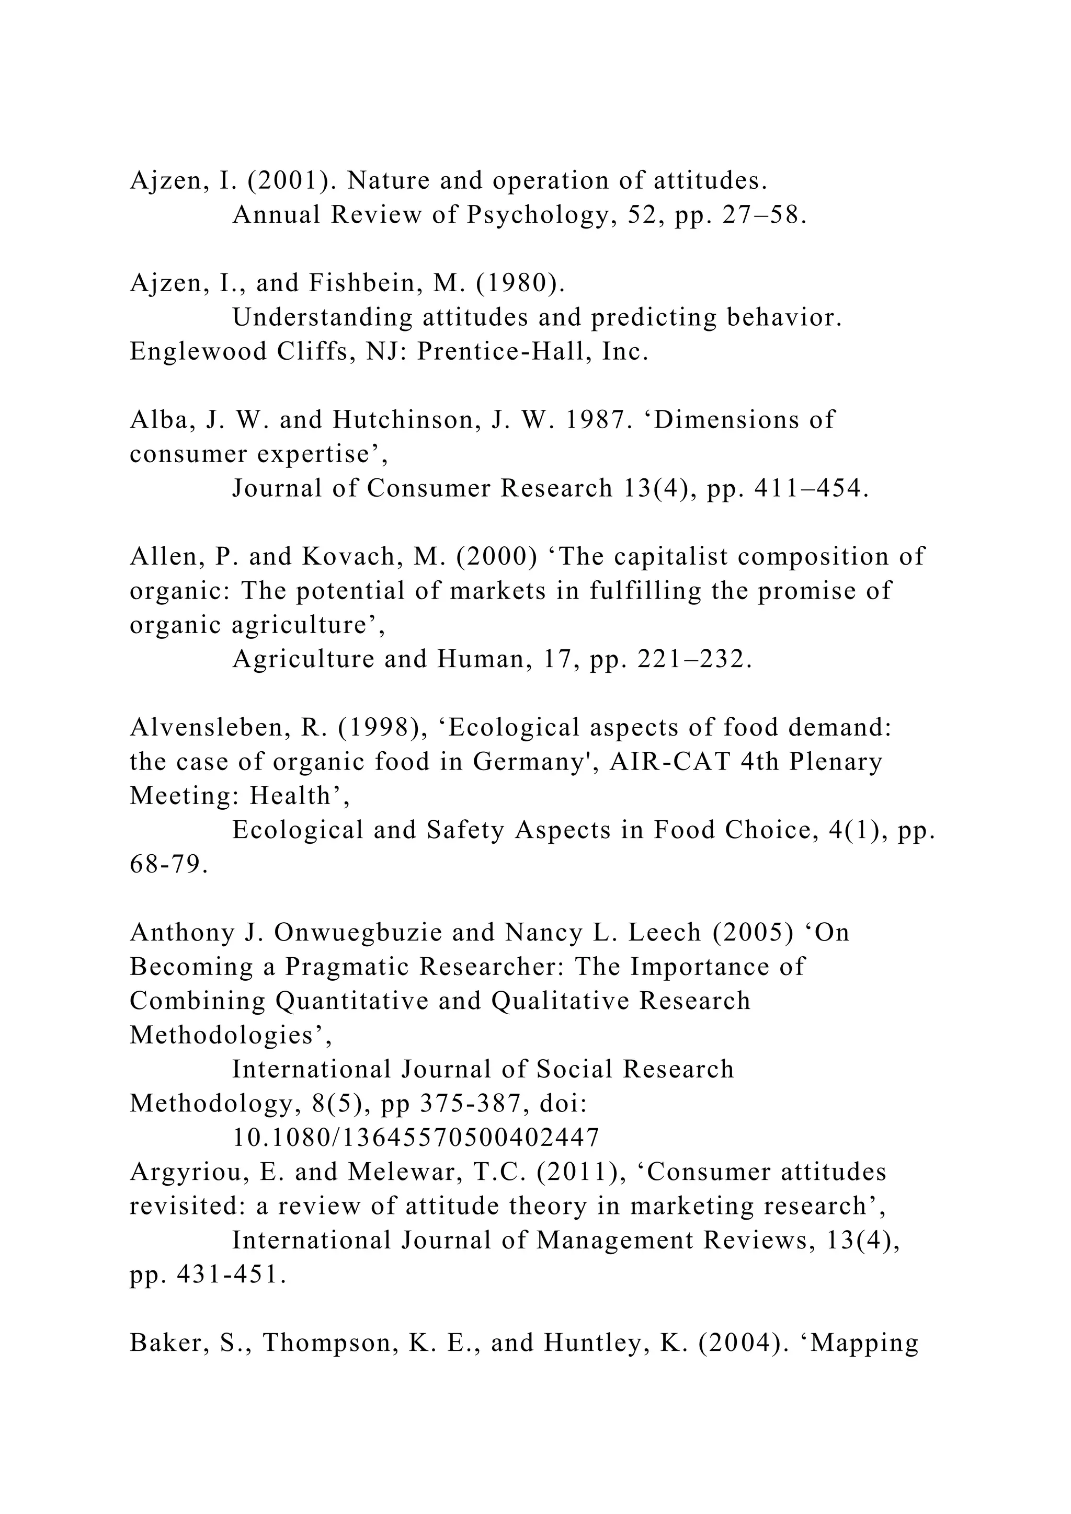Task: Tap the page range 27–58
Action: [765, 215]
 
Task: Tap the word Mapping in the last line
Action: [864, 1343]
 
